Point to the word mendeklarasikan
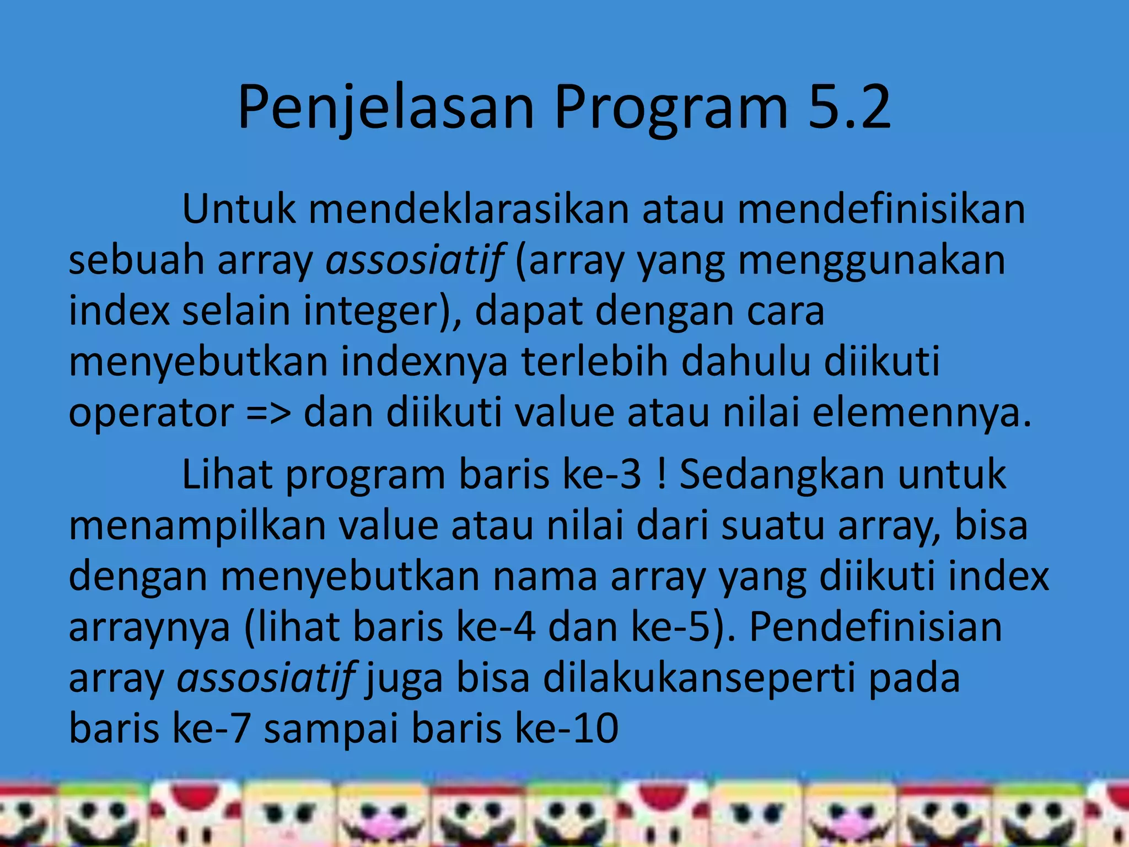(469, 209)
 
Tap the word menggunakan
(872, 260)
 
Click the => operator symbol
(268, 413)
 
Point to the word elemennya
(921, 413)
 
